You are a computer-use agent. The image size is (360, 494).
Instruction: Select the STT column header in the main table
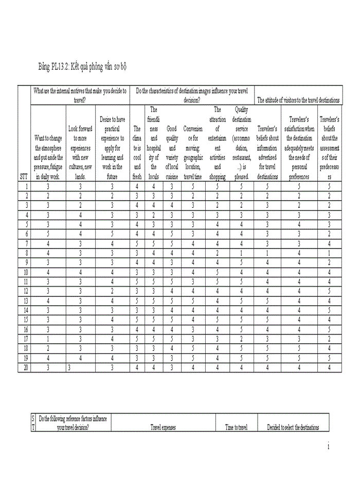pyautogui.click(x=24, y=176)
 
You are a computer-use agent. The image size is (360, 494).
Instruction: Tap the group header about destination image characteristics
pyautogui.click(x=192, y=96)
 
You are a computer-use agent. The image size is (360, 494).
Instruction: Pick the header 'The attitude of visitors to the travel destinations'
pyautogui.click(x=298, y=100)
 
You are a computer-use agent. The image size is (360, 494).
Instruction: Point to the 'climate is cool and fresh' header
pyautogui.click(x=137, y=152)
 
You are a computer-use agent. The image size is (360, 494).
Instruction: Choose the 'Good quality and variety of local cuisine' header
pyautogui.click(x=172, y=152)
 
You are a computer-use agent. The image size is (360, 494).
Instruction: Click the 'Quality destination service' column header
pyautogui.click(x=242, y=143)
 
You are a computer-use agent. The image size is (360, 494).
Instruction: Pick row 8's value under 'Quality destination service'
pyautogui.click(x=242, y=253)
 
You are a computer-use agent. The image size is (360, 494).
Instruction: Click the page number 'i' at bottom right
pyautogui.click(x=328, y=447)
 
